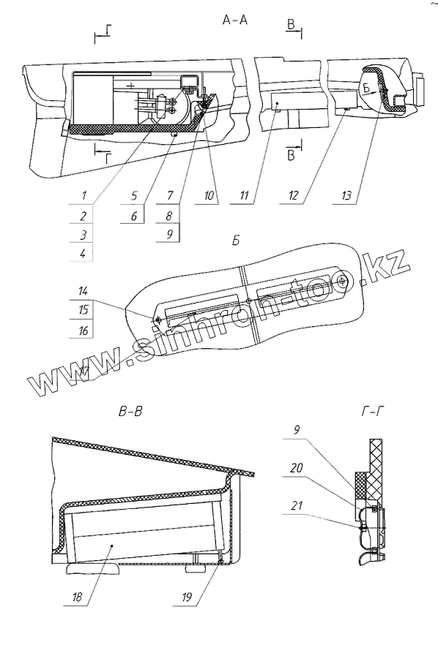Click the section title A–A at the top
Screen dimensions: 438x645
click(235, 19)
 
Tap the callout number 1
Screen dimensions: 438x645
click(83, 195)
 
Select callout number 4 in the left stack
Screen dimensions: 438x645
click(83, 253)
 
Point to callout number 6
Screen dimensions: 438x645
click(134, 215)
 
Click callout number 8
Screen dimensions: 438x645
click(169, 215)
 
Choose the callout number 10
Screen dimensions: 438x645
click(209, 195)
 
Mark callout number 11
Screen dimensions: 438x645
click(244, 195)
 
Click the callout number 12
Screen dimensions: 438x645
click(293, 195)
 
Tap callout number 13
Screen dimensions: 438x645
click(346, 195)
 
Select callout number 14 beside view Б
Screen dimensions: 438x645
click(83, 291)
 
